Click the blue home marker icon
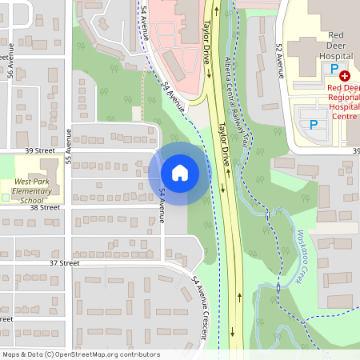(x=179, y=172)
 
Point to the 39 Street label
(x=40, y=150)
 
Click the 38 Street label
(x=45, y=207)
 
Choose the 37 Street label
(x=63, y=262)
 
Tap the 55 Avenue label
(x=69, y=142)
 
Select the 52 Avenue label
(x=279, y=60)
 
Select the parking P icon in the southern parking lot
(x=314, y=124)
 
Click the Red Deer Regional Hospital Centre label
(x=342, y=102)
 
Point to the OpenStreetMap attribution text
(x=80, y=354)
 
